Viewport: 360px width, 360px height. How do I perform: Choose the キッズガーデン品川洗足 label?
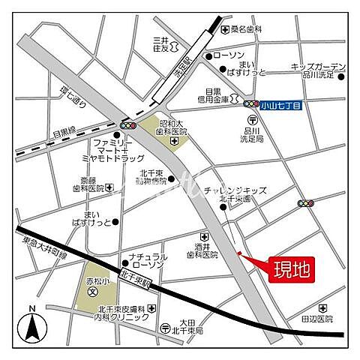318,70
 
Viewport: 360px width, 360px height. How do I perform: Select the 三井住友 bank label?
161,44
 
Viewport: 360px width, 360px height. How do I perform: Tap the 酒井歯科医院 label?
202,250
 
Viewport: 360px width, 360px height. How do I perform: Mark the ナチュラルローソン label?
147,259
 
